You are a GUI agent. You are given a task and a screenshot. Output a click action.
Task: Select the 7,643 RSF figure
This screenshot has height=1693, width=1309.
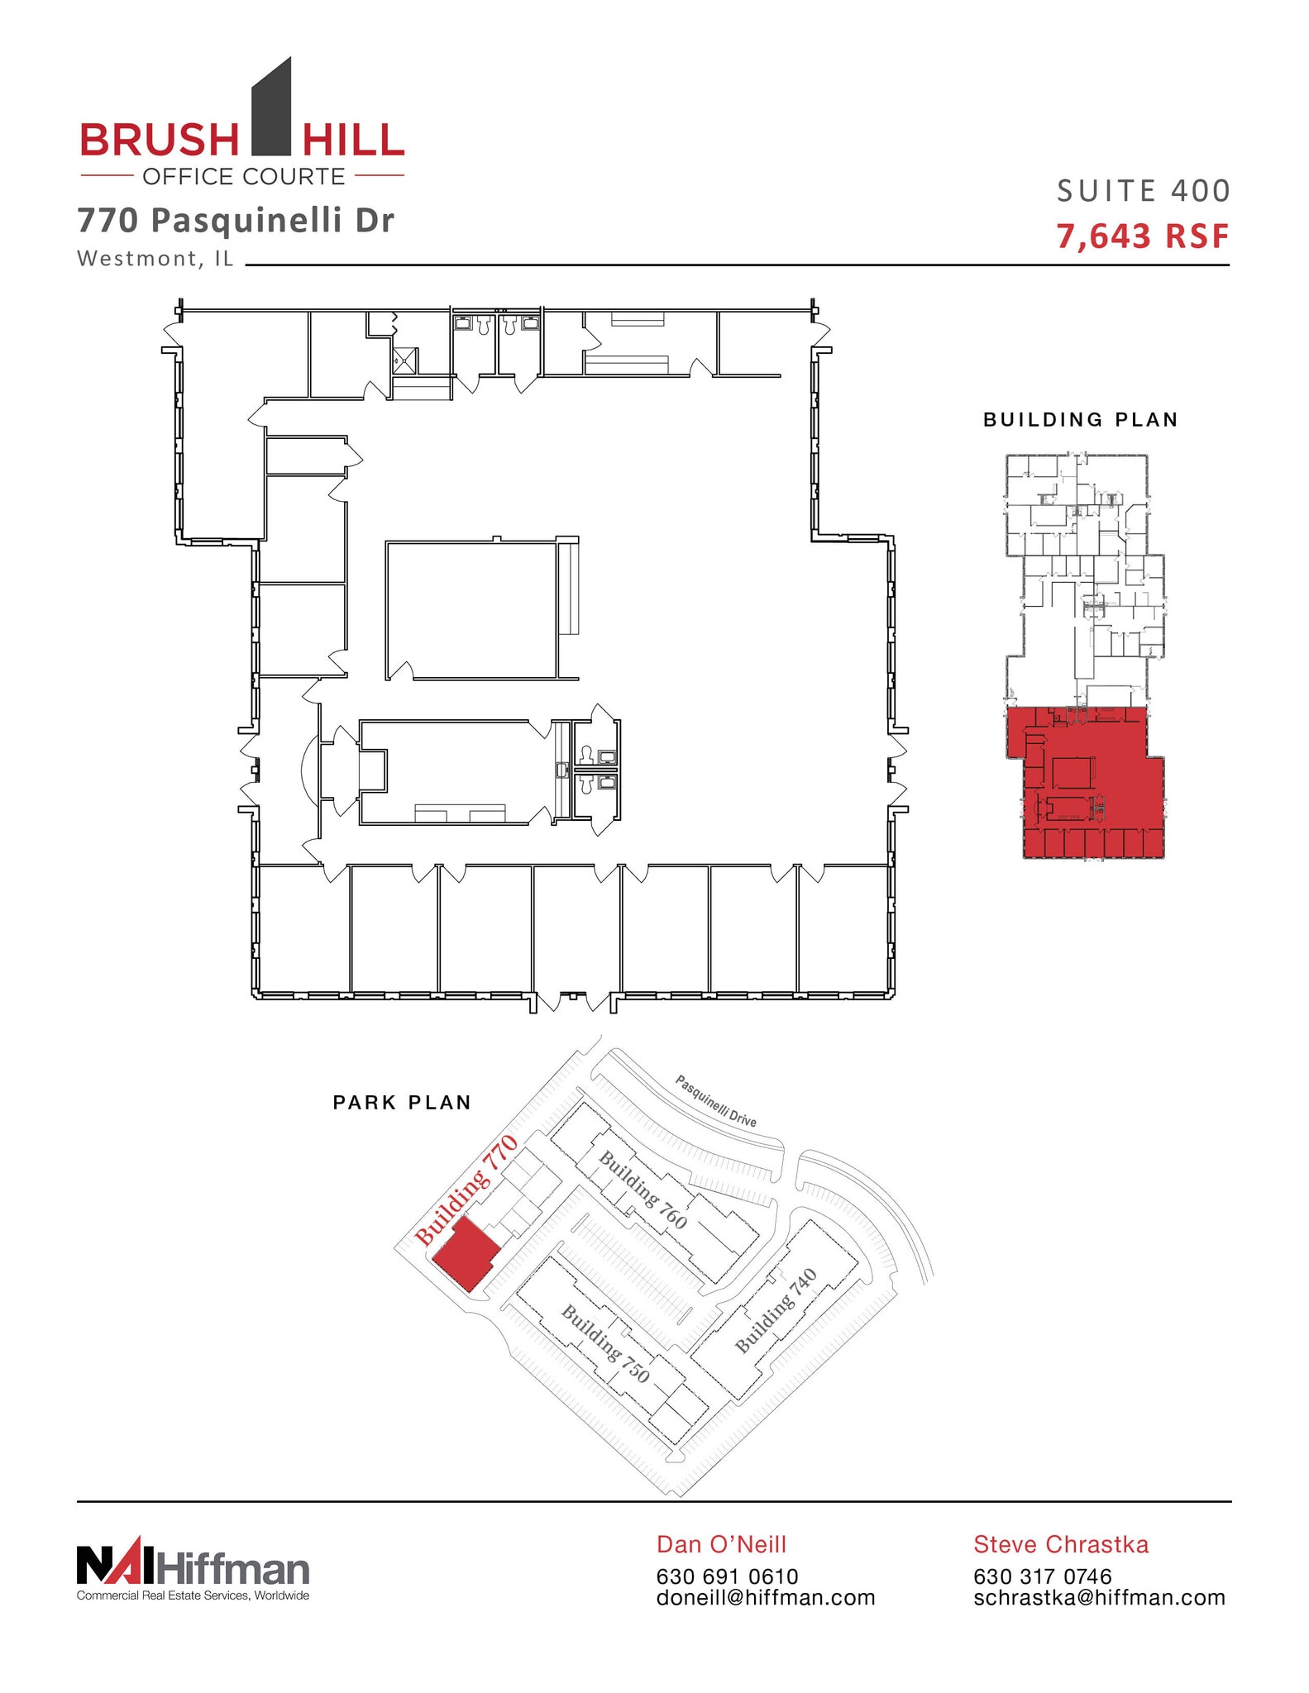click(1143, 237)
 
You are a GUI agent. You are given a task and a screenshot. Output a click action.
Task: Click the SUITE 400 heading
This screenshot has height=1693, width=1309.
click(1144, 192)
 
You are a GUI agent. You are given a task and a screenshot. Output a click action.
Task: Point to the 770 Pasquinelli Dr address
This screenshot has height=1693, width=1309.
click(236, 221)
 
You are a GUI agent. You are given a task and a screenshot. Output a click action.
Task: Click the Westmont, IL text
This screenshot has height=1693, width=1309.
click(155, 259)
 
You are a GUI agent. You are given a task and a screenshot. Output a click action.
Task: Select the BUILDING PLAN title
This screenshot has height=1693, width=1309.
click(1080, 420)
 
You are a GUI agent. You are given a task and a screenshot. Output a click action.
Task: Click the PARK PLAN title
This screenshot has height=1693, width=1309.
click(402, 1103)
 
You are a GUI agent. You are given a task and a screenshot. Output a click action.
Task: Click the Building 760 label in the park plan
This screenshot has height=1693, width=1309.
click(643, 1190)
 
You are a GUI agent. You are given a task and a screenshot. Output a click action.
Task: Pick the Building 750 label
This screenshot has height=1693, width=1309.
click(605, 1344)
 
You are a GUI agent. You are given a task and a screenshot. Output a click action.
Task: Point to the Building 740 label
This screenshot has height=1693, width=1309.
click(776, 1311)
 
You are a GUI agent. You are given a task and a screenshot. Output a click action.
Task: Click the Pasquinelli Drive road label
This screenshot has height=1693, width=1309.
click(716, 1100)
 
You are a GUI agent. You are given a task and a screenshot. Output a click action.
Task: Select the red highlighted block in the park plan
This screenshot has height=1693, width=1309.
click(466, 1253)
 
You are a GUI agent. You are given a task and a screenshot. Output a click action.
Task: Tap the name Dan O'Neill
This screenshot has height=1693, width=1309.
click(721, 1544)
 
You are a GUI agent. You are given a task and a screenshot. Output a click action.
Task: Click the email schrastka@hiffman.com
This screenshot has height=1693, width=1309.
click(1099, 1598)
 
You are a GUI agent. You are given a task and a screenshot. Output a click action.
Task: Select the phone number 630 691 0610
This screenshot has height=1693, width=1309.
click(727, 1577)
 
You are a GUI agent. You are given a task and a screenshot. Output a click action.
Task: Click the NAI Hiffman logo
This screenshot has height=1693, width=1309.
click(193, 1571)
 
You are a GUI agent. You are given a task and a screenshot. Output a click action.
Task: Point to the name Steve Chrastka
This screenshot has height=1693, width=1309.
click(1061, 1544)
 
